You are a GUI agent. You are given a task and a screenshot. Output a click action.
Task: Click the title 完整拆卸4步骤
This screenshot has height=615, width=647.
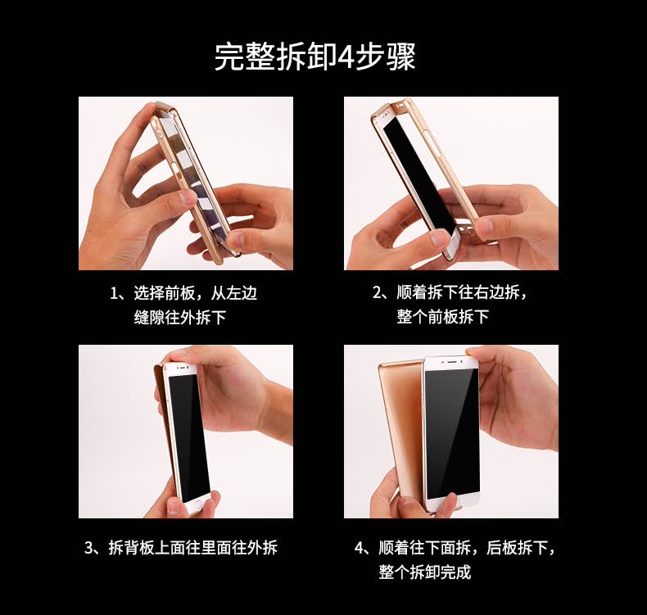314,57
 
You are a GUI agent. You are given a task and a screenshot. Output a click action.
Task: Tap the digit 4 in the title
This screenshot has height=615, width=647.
344,57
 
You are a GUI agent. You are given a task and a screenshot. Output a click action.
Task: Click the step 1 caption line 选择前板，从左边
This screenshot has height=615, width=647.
195,293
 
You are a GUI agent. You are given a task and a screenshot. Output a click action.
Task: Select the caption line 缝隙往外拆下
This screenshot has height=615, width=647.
180,318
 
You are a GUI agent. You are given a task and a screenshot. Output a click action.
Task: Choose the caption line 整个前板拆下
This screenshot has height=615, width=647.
443,317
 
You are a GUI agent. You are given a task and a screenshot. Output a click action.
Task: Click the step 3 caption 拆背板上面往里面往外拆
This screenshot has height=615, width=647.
192,548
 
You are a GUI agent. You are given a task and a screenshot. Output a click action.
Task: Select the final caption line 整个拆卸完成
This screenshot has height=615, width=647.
424,572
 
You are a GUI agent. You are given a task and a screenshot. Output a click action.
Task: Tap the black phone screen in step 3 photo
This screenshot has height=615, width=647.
190,437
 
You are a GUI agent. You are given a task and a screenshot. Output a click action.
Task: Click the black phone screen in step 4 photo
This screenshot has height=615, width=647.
452,434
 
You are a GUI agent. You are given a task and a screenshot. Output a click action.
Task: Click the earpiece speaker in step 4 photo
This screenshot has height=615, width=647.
453,362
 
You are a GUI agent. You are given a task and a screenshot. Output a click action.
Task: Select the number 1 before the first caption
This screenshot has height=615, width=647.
115,294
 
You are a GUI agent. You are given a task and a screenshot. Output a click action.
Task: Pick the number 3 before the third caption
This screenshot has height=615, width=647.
89,548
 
